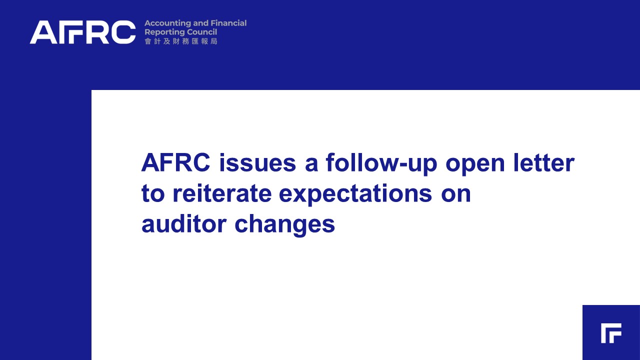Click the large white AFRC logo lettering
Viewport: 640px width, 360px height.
click(82, 32)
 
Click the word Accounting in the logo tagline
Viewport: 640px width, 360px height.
click(167, 23)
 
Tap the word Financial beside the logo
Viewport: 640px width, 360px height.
click(228, 23)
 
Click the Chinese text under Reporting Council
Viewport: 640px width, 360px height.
click(181, 41)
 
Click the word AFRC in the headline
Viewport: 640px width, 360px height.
click(175, 162)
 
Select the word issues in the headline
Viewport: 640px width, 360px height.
click(257, 162)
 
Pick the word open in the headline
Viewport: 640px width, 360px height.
click(475, 165)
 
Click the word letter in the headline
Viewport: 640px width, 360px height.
click(543, 162)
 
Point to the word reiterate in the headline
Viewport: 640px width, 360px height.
click(222, 193)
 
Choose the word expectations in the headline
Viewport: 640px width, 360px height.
click(355, 195)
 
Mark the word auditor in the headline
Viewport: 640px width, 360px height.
click(184, 224)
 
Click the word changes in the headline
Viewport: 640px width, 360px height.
click(284, 225)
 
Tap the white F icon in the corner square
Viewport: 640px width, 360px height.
click(611, 333)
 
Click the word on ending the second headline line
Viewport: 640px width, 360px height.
click(455, 195)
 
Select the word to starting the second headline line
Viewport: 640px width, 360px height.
click(153, 193)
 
